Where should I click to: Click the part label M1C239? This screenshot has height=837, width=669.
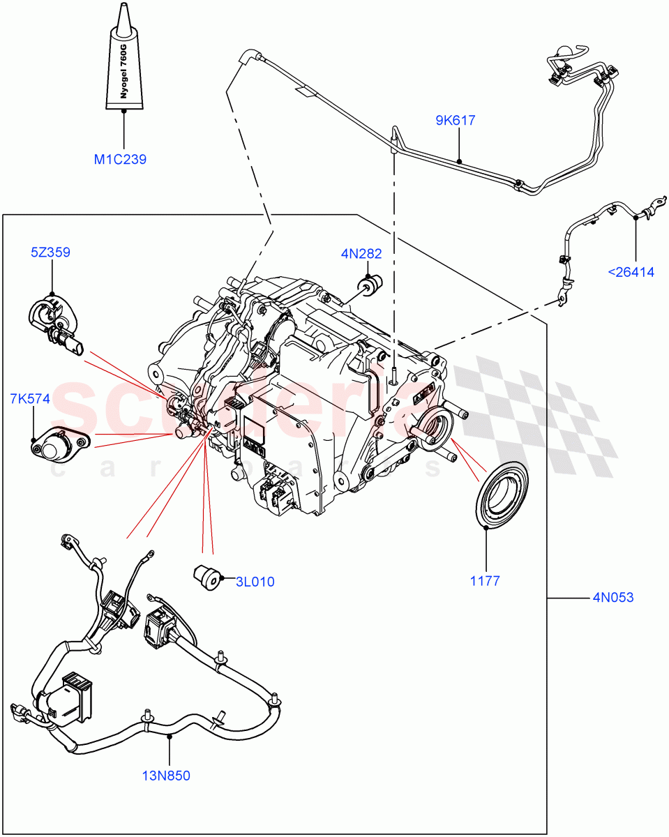click(120, 160)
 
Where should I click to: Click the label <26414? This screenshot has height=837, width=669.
click(631, 272)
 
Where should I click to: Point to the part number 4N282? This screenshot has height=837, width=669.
click(360, 255)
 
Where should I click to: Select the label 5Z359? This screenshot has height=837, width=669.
click(50, 252)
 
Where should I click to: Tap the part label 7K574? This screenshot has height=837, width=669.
click(30, 399)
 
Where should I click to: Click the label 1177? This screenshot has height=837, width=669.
click(485, 580)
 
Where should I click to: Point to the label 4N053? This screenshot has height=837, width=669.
click(612, 597)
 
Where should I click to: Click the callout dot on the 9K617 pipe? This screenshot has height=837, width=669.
click(459, 161)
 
